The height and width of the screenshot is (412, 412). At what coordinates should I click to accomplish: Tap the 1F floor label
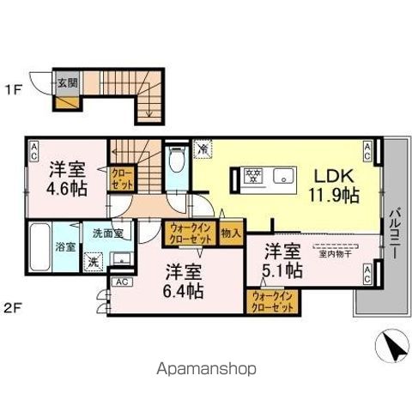[x=17, y=87]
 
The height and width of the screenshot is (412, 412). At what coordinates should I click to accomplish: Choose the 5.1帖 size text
[x=282, y=270]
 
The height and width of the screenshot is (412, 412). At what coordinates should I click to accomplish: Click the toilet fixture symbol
[x=176, y=161]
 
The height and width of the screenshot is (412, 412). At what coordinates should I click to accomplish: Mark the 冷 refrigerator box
[x=203, y=147]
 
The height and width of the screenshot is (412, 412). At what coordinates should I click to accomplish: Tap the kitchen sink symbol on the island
[x=283, y=177]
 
